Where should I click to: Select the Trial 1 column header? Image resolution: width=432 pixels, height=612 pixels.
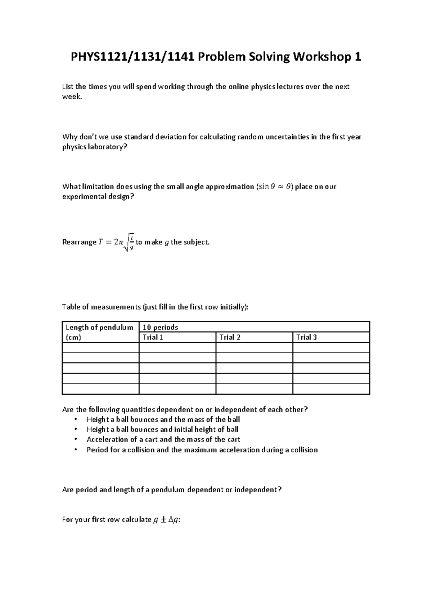pyautogui.click(x=153, y=337)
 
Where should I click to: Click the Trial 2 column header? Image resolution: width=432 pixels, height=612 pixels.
pyautogui.click(x=230, y=337)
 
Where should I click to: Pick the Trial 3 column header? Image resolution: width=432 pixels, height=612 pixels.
pyautogui.click(x=306, y=337)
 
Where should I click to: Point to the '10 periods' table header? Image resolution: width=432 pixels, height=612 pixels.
pyautogui.click(x=160, y=327)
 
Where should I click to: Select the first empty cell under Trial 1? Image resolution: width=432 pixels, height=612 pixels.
pyautogui.click(x=177, y=347)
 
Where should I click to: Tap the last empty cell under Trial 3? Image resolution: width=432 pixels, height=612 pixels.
pyautogui.click(x=331, y=389)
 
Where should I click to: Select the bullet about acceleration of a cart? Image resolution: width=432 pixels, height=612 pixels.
pyautogui.click(x=163, y=439)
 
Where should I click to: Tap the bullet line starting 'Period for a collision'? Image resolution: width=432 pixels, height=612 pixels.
pyautogui.click(x=202, y=450)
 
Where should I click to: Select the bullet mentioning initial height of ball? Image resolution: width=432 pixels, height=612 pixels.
pyautogui.click(x=162, y=429)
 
